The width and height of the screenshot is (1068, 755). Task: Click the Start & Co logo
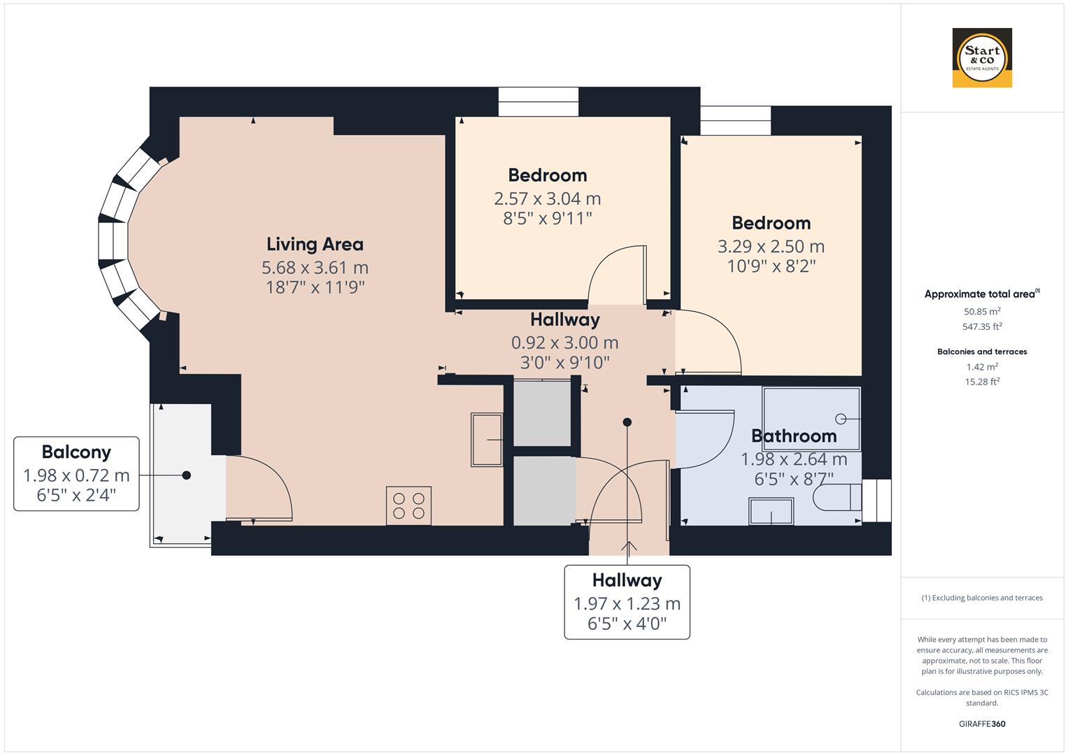pos(982,58)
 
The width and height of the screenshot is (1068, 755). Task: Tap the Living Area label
pos(315,244)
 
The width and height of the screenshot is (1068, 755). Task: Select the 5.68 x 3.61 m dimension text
pos(315,267)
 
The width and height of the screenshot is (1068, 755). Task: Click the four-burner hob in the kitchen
pos(408,505)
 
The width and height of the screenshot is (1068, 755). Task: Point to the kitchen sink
pos(486,440)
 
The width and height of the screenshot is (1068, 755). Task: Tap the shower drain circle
pos(841,419)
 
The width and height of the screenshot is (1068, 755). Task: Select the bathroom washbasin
pos(771,511)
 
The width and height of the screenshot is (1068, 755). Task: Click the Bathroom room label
pos(793,436)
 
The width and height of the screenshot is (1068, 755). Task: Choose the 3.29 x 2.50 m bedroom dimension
pos(771,246)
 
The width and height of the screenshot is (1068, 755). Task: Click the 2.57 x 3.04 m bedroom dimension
pos(547,199)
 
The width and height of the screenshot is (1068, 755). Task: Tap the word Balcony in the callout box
pos(76,452)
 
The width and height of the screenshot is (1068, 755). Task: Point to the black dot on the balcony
pos(186,475)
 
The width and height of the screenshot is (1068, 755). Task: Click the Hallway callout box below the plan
pos(627,602)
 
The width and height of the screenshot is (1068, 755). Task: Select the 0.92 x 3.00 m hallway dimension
pos(564,343)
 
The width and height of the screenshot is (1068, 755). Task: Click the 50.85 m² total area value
pos(982,311)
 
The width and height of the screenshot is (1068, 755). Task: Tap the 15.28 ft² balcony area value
pos(982,381)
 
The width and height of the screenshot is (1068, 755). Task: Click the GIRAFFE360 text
pos(982,724)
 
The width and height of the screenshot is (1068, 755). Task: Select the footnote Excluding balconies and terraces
pos(982,598)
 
